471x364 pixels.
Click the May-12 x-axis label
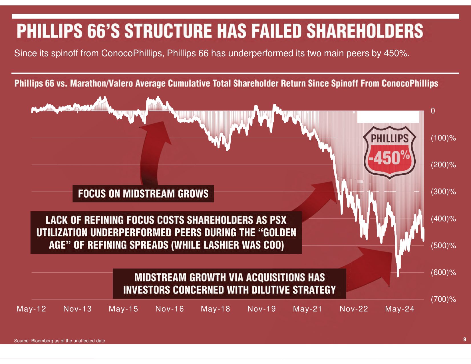(x=31, y=309)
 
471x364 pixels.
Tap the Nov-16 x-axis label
(x=170, y=309)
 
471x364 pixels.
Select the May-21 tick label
(x=307, y=309)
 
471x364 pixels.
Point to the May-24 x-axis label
(x=400, y=309)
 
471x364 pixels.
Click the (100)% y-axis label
(x=443, y=138)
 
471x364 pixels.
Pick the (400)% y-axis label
(x=443, y=219)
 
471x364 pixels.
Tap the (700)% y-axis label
(x=443, y=299)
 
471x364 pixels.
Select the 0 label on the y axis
(x=433, y=111)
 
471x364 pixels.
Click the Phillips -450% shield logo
(x=390, y=152)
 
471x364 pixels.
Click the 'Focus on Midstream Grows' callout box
(x=143, y=194)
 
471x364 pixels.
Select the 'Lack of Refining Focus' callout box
(x=166, y=232)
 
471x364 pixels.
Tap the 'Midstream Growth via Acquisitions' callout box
(x=229, y=283)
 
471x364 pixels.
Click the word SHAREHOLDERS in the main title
(x=365, y=31)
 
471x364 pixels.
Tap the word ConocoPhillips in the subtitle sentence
(x=133, y=53)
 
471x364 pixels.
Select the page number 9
(x=465, y=339)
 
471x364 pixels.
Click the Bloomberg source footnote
(x=59, y=341)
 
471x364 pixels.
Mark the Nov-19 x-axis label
(x=261, y=309)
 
